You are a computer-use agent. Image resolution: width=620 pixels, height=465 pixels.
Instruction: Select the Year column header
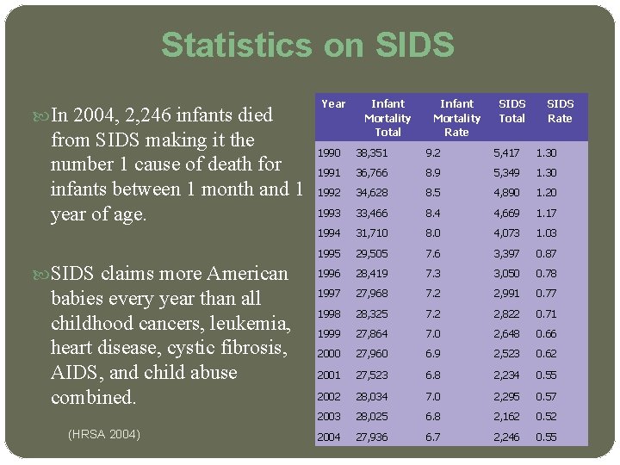[333, 104]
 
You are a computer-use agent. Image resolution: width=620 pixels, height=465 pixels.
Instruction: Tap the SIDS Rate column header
[560, 111]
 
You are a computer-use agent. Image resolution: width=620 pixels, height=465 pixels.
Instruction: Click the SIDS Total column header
[512, 111]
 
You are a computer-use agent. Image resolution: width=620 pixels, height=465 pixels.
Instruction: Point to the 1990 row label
[329, 153]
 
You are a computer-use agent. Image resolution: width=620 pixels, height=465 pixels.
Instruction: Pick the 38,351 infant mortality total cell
[374, 153]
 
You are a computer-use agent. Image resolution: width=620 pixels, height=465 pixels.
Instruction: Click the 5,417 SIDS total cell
[506, 153]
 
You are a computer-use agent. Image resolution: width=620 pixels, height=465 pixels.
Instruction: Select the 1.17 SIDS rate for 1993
[547, 213]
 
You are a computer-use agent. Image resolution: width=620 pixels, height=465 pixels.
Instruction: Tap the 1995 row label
[329, 254]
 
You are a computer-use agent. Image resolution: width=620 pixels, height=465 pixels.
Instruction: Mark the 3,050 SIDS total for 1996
[506, 274]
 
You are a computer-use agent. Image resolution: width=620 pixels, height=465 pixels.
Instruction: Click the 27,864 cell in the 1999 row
[374, 334]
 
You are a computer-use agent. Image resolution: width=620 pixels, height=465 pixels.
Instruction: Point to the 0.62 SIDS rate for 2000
[547, 354]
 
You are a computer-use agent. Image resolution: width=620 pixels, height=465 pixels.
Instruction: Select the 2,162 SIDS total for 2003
[506, 417]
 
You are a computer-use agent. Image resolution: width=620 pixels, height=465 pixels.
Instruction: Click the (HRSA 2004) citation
[104, 433]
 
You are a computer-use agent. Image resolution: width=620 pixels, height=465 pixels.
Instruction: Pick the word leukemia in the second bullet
[249, 324]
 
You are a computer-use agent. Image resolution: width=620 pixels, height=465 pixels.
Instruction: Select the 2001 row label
[329, 375]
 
